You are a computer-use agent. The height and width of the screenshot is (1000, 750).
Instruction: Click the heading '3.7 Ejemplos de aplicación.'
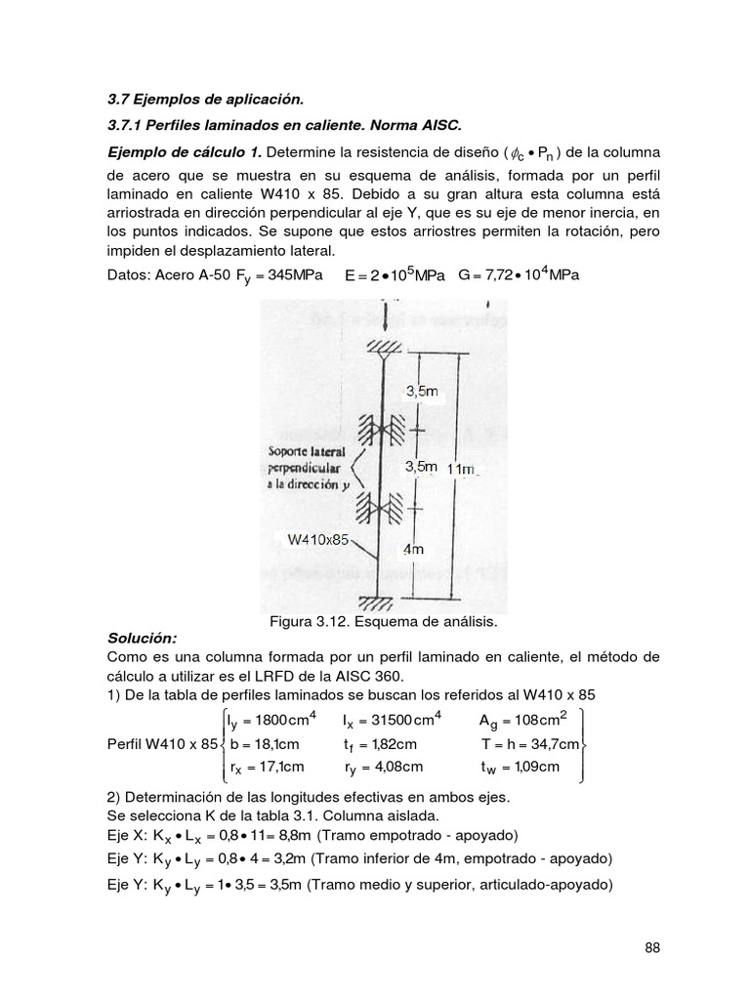pos(205,99)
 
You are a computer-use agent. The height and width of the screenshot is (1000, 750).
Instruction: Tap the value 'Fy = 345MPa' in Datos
pos(272,276)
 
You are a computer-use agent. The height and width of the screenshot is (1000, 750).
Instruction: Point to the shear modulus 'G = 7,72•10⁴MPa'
pos(518,275)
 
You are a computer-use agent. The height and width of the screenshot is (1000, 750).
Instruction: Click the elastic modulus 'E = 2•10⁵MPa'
pos(396,275)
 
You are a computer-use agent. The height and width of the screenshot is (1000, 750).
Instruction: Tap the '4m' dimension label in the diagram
pos(414,550)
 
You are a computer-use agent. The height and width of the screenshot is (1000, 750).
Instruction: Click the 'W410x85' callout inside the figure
pos(318,538)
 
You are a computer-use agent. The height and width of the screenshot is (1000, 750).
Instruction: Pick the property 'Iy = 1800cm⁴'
pos(272,722)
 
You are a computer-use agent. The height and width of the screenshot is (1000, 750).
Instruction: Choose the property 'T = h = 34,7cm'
pos(531,744)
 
